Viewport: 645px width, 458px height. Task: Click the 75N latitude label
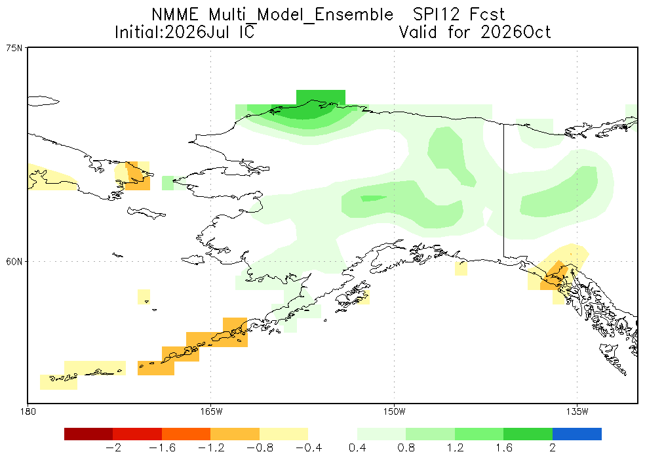coord(14,48)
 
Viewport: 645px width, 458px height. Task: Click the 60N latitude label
coord(14,262)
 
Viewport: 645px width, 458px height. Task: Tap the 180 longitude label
coord(28,411)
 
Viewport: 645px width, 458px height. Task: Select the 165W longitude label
coord(211,411)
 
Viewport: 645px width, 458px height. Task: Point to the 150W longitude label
coord(394,411)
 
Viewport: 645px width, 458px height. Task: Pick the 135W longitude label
coord(577,411)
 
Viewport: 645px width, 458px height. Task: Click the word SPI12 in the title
coord(436,14)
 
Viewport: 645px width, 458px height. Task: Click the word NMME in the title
coord(175,14)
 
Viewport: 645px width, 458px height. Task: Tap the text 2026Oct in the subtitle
coord(515,31)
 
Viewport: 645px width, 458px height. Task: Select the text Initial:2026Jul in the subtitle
coord(172,31)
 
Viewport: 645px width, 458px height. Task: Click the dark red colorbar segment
coord(88,434)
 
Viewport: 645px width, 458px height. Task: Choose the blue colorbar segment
coord(577,434)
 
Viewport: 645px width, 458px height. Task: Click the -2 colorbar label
coord(113,448)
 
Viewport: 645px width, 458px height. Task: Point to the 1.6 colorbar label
coord(503,448)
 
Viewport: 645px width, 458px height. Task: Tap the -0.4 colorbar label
coord(308,448)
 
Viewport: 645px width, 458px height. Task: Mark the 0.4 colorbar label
coord(357,448)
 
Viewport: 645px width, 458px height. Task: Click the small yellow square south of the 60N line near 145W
coord(461,268)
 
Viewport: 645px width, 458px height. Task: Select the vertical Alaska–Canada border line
coord(504,190)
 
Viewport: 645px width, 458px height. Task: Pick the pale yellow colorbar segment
coord(284,434)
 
